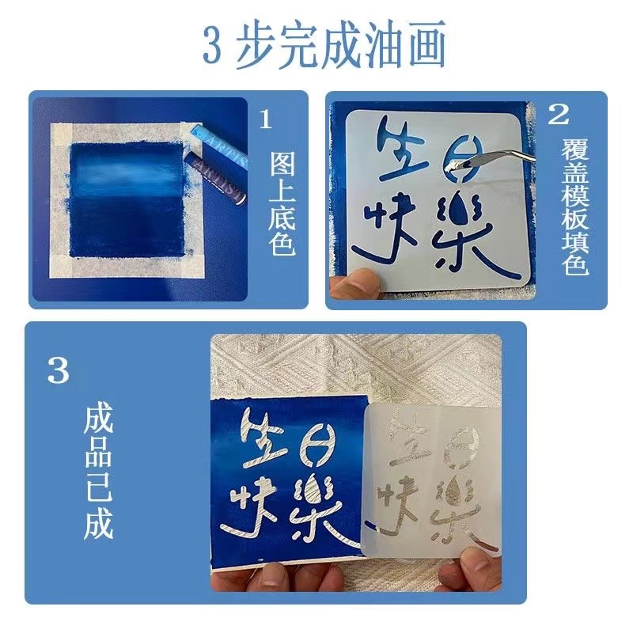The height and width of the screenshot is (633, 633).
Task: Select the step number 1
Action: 267,119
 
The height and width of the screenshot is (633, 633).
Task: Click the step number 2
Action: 559,116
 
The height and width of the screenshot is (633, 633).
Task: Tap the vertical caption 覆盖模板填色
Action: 576,207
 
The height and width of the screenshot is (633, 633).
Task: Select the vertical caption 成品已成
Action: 99,473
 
